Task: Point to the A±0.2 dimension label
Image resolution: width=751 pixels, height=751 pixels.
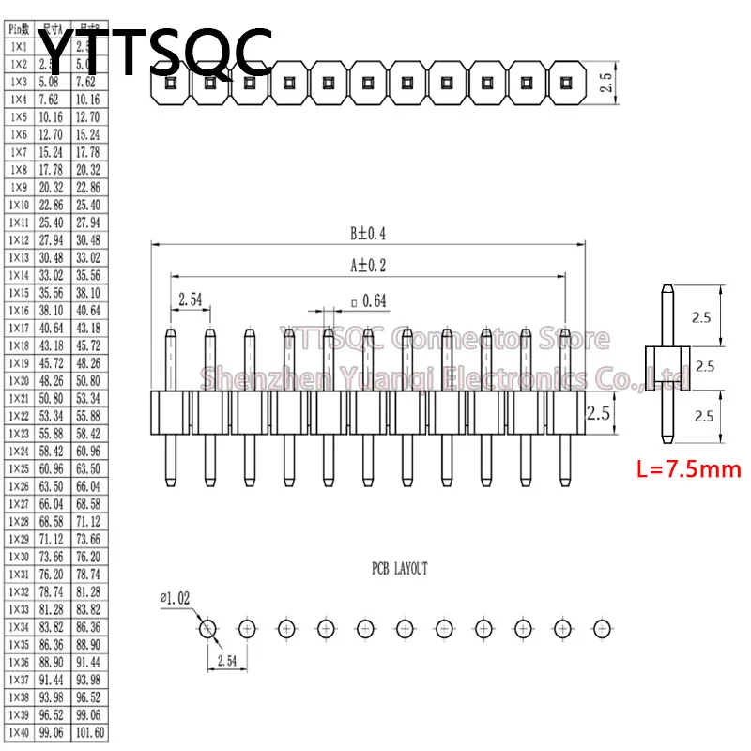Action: (x=368, y=266)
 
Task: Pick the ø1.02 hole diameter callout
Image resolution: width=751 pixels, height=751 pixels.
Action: (x=176, y=595)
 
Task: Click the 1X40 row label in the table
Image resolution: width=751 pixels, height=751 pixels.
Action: (x=19, y=732)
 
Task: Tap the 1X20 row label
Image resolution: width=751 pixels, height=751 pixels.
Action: (x=19, y=380)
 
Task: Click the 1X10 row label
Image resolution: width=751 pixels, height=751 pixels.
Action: (x=19, y=205)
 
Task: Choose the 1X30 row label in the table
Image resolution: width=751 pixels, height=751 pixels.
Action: (x=19, y=557)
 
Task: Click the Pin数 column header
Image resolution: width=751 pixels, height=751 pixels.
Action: (x=19, y=29)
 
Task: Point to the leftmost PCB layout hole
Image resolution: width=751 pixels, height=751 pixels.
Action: (x=207, y=628)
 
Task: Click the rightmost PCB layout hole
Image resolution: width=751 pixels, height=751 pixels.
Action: (x=603, y=627)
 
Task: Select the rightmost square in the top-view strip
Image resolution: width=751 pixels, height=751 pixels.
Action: (x=564, y=82)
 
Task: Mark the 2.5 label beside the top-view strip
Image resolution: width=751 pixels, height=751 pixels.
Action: (x=605, y=83)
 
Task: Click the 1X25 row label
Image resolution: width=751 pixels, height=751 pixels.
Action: (x=19, y=468)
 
